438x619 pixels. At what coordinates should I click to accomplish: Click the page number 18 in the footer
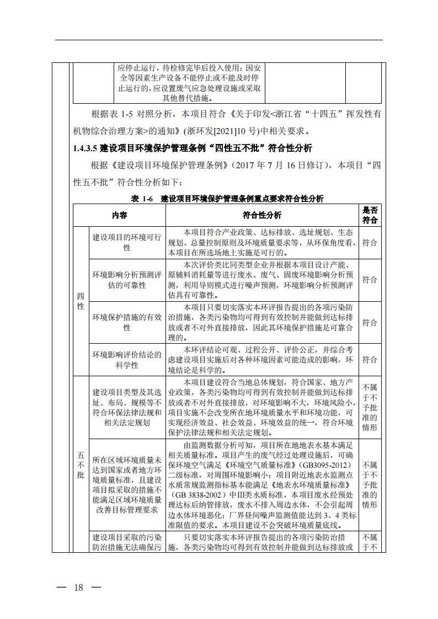(x=78, y=588)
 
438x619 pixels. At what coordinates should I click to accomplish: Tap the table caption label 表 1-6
(x=141, y=199)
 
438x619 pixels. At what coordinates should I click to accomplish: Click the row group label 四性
(x=81, y=301)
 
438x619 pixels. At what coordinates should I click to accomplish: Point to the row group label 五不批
(x=81, y=465)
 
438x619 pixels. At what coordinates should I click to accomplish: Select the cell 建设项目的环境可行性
(x=127, y=242)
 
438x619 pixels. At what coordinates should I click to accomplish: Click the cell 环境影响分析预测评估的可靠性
(x=127, y=279)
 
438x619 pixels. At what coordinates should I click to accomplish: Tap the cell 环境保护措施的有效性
(x=127, y=322)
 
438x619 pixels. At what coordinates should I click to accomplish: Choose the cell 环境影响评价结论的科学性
(x=127, y=360)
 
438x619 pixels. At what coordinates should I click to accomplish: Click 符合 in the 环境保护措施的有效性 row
(x=370, y=322)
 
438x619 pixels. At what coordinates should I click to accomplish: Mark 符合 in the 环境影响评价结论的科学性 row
(x=370, y=360)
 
